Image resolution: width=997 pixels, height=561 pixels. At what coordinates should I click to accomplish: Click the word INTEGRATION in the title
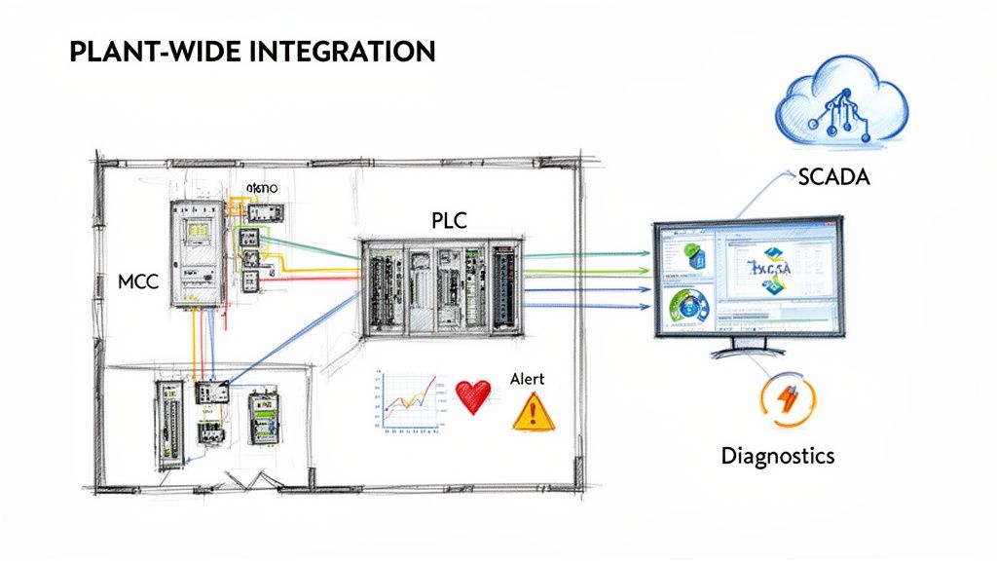[x=342, y=52]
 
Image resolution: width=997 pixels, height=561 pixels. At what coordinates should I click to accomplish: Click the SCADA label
[x=832, y=178]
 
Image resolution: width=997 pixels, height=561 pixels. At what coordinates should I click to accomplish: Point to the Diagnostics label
[x=777, y=455]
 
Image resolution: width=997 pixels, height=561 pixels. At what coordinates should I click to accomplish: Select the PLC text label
[x=449, y=221]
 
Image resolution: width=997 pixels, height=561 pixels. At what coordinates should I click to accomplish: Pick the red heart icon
[x=473, y=396]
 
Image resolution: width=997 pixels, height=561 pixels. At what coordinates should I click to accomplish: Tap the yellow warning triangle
[x=533, y=413]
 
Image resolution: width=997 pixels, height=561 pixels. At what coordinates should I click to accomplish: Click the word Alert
[x=527, y=379]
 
